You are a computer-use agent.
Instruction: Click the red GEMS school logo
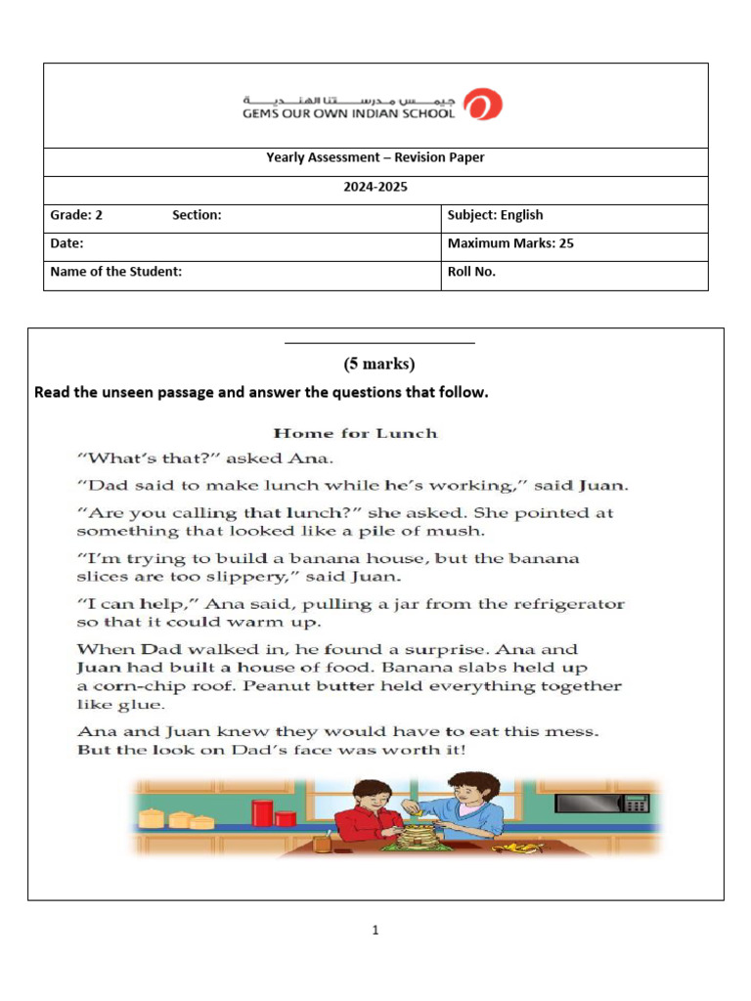[x=483, y=105]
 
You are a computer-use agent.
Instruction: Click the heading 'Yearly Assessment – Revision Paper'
[x=375, y=157]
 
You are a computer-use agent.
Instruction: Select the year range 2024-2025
[x=375, y=187]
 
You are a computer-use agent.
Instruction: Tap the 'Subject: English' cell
[x=495, y=215]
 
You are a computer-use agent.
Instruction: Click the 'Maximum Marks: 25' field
[x=510, y=243]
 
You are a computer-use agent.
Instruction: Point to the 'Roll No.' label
[x=471, y=272]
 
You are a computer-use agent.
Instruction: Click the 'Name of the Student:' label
[x=116, y=272]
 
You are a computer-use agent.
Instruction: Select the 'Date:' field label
[x=67, y=243]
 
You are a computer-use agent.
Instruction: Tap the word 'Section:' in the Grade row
[x=197, y=215]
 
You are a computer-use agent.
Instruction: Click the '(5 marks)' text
[x=378, y=364]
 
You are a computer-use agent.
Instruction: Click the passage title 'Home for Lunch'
[x=355, y=433]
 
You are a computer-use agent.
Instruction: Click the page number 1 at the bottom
[x=375, y=931]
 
